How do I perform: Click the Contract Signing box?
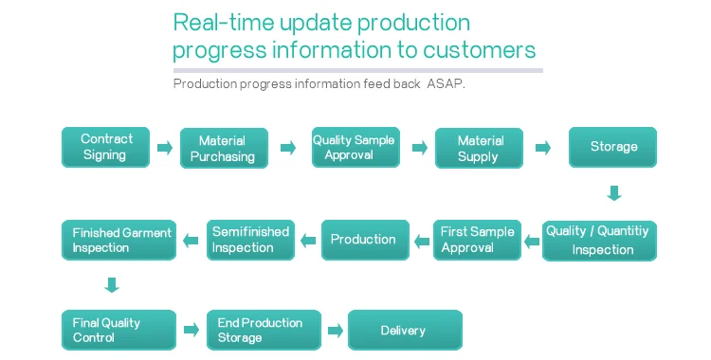pos(105,148)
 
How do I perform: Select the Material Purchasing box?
pos(224,148)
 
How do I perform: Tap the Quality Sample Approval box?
pos(355,148)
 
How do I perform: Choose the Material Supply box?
pos(479,148)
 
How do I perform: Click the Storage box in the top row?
pos(612,148)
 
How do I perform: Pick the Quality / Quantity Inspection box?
pos(599,241)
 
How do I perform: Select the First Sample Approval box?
pos(477,240)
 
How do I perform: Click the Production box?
pos(366,240)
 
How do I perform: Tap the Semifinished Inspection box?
pos(251,240)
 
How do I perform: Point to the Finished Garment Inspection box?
pos(118,240)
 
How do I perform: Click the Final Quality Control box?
pos(118,330)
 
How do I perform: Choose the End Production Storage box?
pos(264,330)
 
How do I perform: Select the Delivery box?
pos(406,330)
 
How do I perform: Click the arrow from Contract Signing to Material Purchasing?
pos(165,148)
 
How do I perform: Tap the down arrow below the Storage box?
pos(614,192)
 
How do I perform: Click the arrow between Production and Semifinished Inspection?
pos(308,241)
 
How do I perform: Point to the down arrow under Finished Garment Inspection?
pos(112,285)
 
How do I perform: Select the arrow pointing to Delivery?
pos(335,330)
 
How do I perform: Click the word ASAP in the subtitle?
pos(445,84)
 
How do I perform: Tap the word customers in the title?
pos(480,50)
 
